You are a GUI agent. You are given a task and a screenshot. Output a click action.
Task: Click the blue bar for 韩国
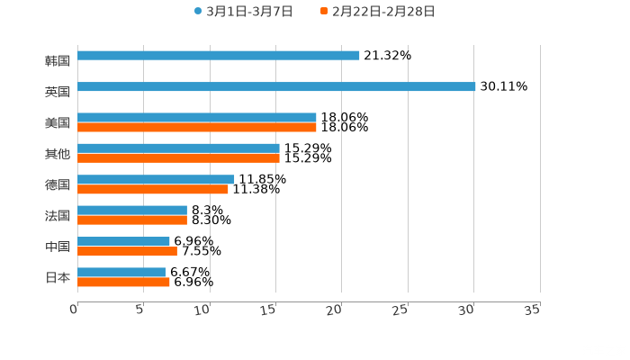pyautogui.click(x=219, y=56)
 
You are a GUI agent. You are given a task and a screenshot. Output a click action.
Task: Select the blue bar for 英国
pyautogui.click(x=276, y=87)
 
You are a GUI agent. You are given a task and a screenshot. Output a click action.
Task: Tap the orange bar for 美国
pyautogui.click(x=197, y=128)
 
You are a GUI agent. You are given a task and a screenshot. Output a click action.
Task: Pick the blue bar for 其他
pyautogui.click(x=178, y=148)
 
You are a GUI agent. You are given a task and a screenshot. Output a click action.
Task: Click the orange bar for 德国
pyautogui.click(x=153, y=190)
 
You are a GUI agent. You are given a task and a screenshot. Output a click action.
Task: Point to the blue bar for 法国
pyautogui.click(x=132, y=211)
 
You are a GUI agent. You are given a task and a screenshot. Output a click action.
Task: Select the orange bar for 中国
pyautogui.click(x=127, y=251)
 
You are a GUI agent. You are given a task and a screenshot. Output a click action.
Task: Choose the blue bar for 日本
pyautogui.click(x=121, y=272)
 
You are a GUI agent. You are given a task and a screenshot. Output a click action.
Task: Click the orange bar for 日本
pyautogui.click(x=123, y=283)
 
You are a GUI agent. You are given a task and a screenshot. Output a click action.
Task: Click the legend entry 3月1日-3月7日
pyautogui.click(x=242, y=12)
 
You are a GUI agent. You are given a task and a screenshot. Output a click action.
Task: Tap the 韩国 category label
pyautogui.click(x=58, y=61)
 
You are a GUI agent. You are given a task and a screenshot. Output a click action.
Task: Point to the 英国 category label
pyautogui.click(x=58, y=92)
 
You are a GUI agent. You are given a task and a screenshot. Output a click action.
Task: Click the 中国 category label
pyautogui.click(x=58, y=247)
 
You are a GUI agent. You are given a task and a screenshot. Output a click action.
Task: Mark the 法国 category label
pyautogui.click(x=58, y=216)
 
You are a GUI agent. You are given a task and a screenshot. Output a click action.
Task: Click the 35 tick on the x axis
pyautogui.click(x=532, y=310)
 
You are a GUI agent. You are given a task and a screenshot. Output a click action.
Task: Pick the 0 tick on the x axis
pyautogui.click(x=74, y=310)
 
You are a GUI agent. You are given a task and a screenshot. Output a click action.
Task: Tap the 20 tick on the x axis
pyautogui.click(x=334, y=310)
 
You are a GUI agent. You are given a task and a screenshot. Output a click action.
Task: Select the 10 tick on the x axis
pyautogui.click(x=202, y=310)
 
